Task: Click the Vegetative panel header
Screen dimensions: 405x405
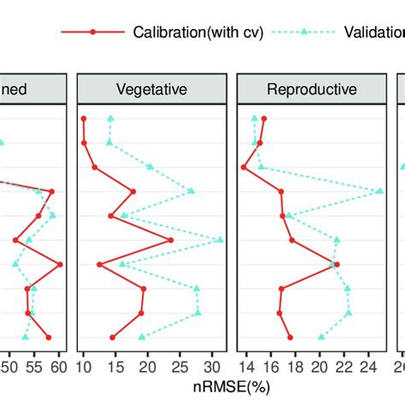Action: tap(150, 88)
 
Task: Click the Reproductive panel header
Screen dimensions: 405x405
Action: tap(311, 88)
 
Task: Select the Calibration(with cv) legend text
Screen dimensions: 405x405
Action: tap(197, 32)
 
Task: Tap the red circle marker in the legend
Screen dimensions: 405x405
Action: tap(94, 32)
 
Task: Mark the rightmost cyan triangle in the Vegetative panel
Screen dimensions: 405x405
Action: tap(220, 240)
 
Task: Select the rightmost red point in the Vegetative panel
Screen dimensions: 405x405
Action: tap(171, 240)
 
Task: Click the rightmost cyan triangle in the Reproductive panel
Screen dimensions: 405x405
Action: tap(380, 191)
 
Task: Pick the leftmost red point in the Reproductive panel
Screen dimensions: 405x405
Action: tap(244, 167)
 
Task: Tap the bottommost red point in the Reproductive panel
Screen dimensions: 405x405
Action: tap(290, 337)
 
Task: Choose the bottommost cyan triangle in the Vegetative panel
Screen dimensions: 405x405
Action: tap(142, 337)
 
